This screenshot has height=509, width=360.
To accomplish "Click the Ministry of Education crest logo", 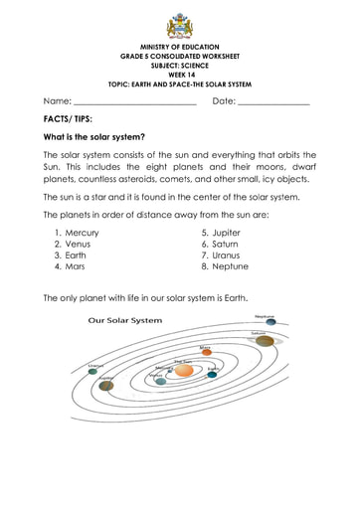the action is (179, 22).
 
